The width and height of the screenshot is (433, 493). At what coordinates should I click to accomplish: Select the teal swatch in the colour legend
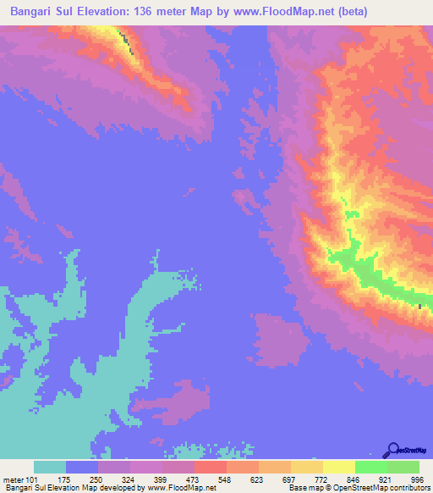pos(50,468)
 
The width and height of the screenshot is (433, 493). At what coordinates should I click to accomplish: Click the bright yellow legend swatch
pos(338,468)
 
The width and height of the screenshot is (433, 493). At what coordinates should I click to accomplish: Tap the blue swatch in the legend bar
pos(82,468)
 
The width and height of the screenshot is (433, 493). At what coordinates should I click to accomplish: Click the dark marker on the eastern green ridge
pos(420,306)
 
